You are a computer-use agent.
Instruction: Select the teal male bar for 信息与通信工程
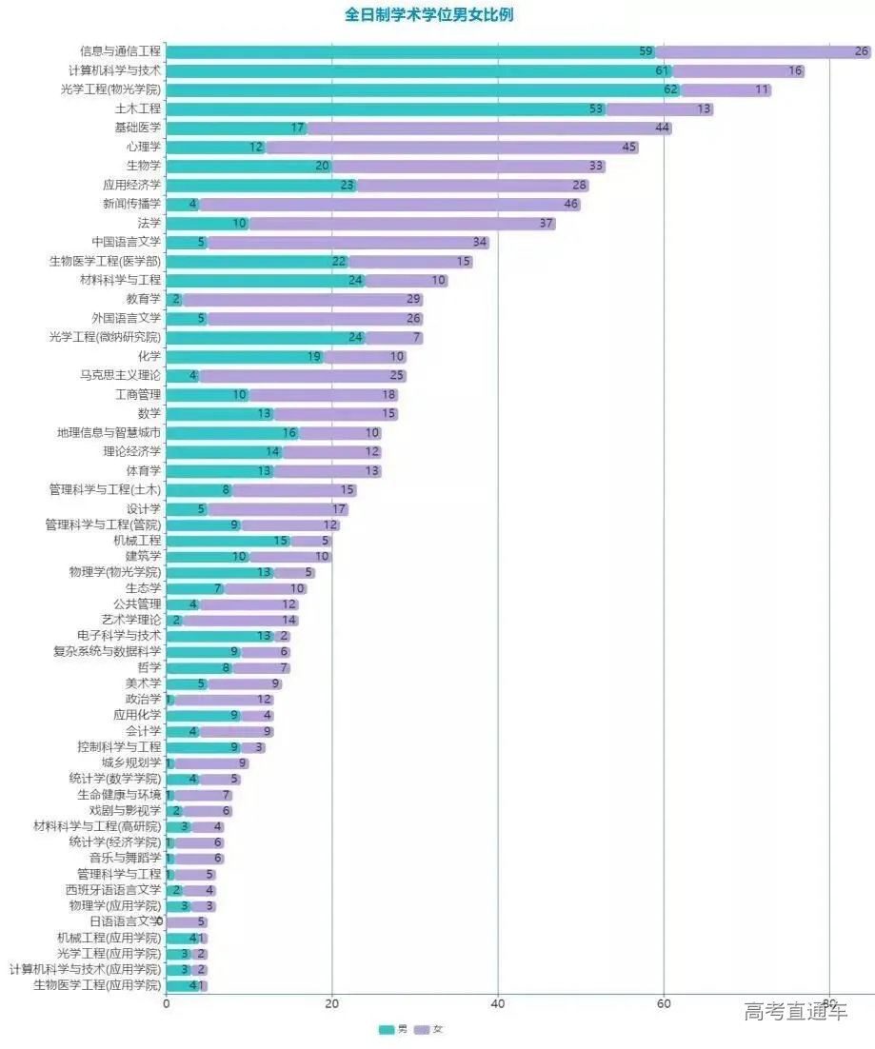(x=409, y=51)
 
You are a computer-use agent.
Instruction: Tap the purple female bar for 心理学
(x=452, y=147)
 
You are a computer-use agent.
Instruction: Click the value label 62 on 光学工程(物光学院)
(x=671, y=89)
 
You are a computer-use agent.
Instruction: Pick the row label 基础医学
(x=138, y=128)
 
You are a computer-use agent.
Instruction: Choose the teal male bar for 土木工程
(x=386, y=109)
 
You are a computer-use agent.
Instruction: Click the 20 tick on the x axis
(x=332, y=1002)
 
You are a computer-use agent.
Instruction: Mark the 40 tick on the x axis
(x=498, y=1002)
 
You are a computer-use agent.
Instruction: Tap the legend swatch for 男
(x=387, y=1030)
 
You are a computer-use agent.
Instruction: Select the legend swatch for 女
(x=422, y=1030)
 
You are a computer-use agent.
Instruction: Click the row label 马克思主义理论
(x=121, y=375)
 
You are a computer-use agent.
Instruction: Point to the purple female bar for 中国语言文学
(x=348, y=242)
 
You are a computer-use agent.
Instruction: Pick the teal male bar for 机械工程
(x=229, y=541)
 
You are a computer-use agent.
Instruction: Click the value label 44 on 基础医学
(x=663, y=128)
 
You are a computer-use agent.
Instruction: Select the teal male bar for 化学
(x=245, y=356)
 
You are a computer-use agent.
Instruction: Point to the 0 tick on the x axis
(x=167, y=1002)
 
